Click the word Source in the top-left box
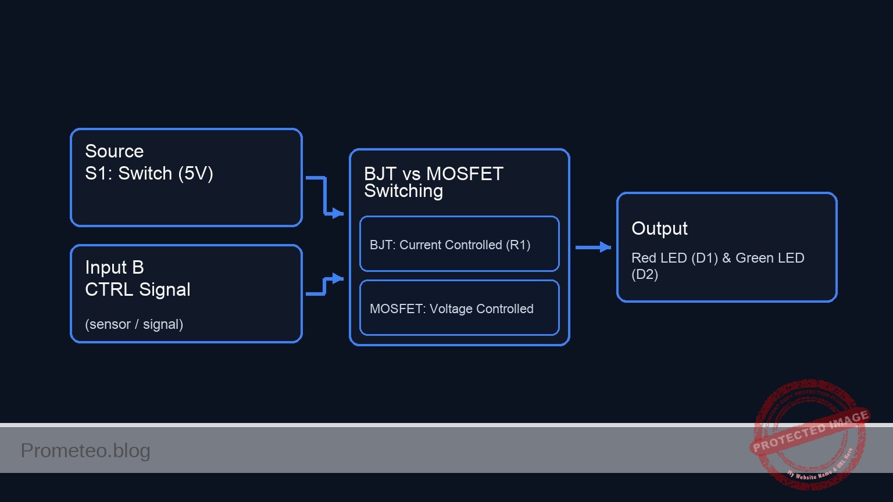(114, 151)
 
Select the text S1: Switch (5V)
(149, 173)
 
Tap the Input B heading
(114, 267)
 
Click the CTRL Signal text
(137, 289)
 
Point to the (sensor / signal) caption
(134, 324)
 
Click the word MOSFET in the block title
(465, 174)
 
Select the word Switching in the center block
(403, 191)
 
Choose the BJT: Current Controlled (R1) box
(459, 244)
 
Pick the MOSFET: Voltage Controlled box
(459, 308)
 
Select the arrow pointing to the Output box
(593, 248)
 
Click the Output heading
(659, 228)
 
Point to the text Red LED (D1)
(674, 258)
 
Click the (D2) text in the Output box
(645, 274)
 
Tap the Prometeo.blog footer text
(85, 450)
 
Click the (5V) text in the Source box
(195, 173)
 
